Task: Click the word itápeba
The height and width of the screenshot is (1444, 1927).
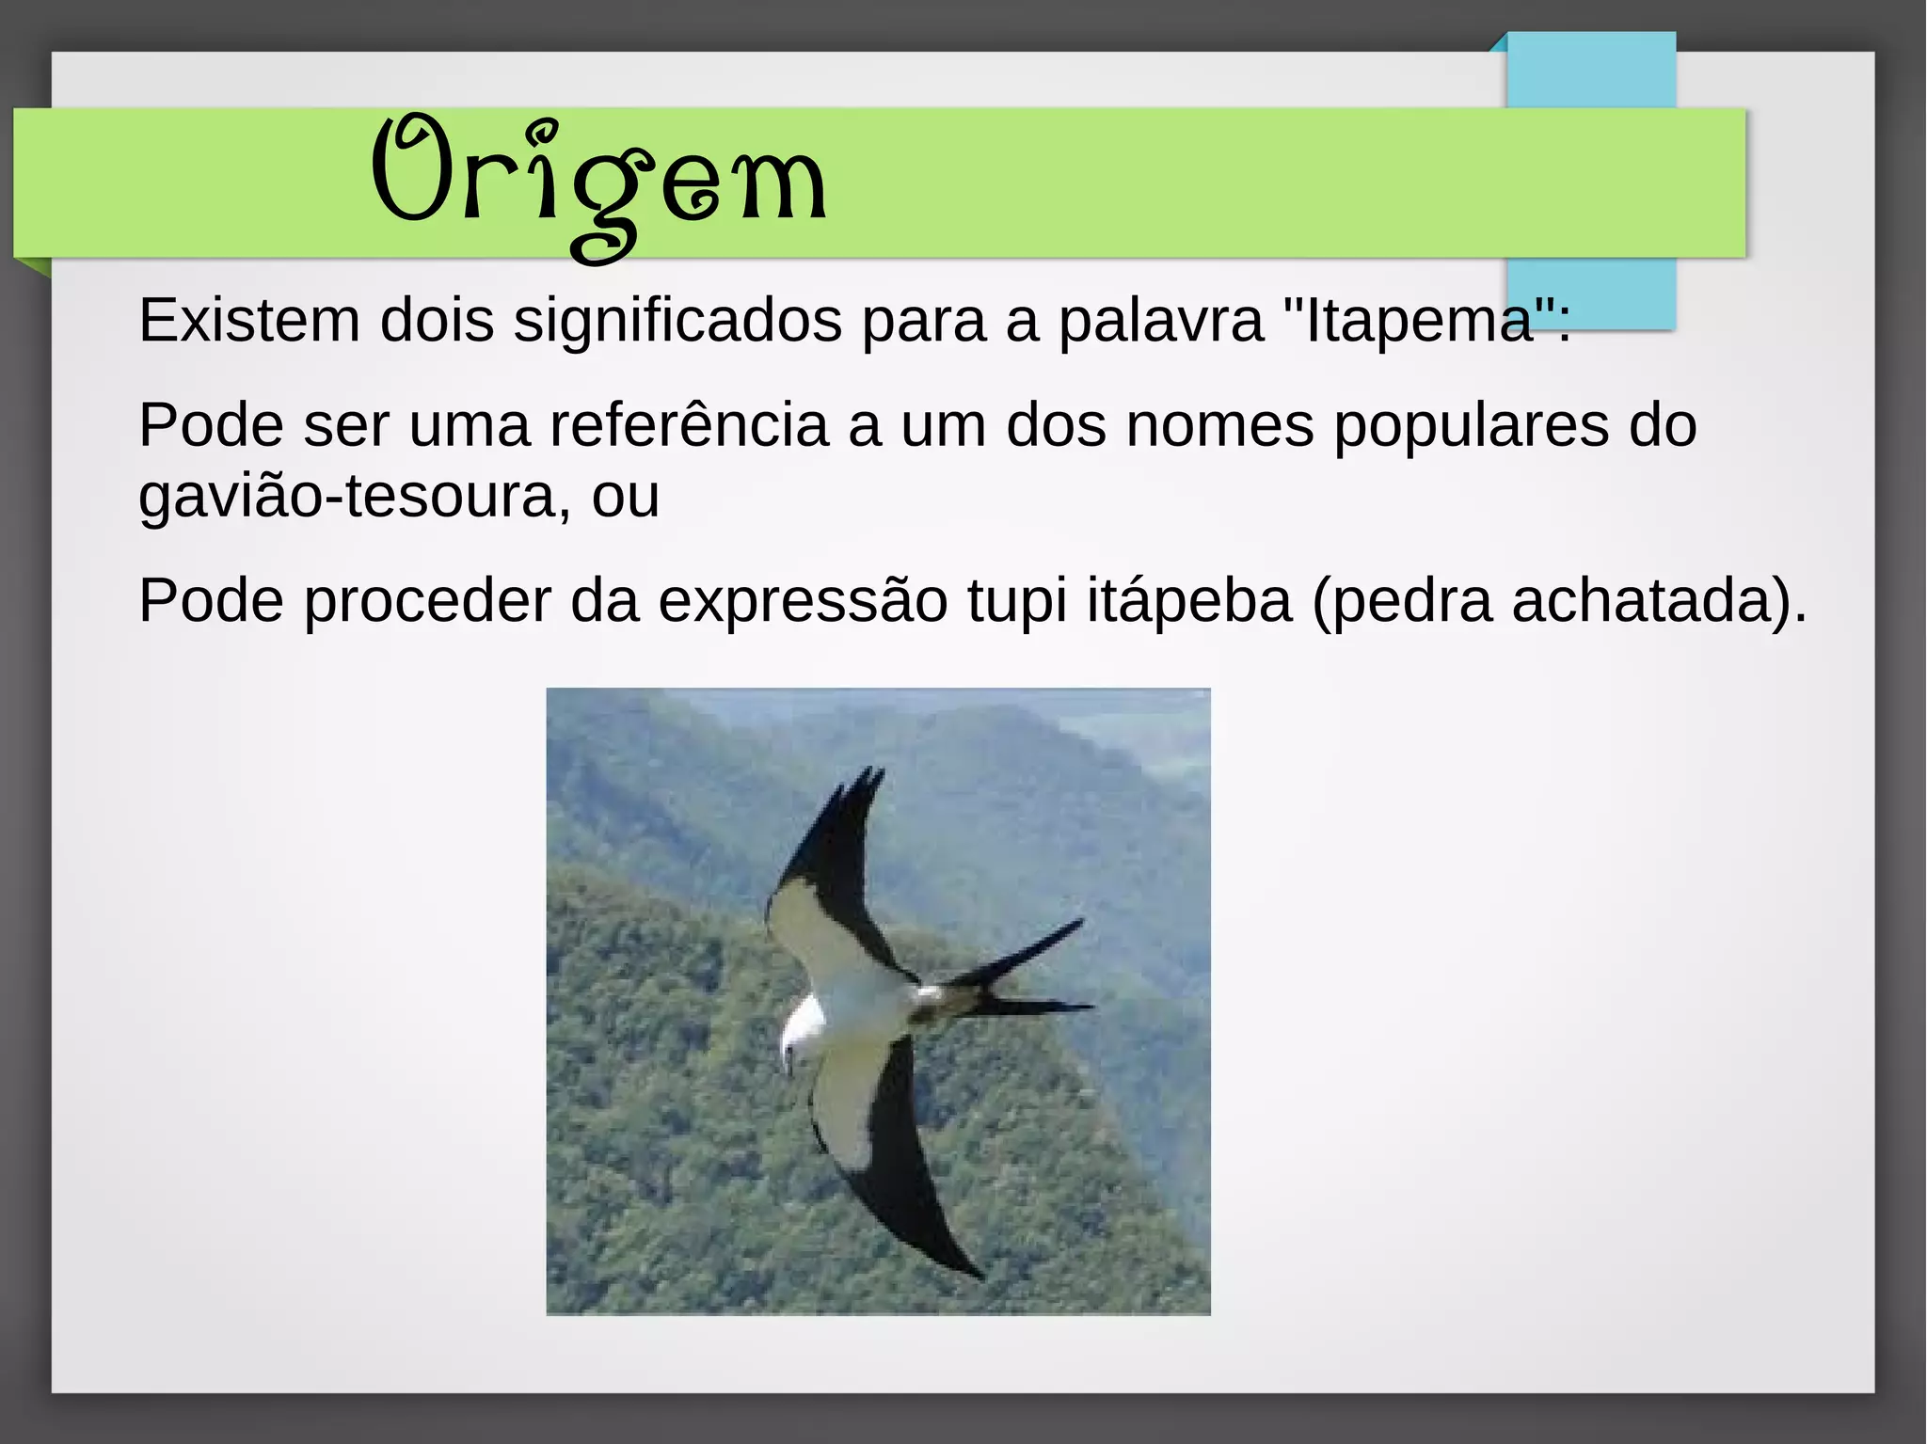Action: [x=1189, y=600]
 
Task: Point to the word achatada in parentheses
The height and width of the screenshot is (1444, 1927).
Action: [x=1642, y=600]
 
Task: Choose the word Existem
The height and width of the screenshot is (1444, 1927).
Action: [x=249, y=320]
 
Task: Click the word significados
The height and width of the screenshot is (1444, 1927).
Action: [x=677, y=320]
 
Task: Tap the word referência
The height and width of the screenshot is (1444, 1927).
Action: [x=689, y=425]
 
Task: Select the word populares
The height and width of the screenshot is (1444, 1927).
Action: [x=1471, y=425]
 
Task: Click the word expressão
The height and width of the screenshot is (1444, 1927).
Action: [x=803, y=600]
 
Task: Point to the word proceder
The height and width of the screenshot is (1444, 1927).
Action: [x=427, y=600]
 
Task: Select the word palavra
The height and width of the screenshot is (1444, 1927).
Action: [x=1161, y=320]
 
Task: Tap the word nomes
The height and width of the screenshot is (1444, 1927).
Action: [x=1219, y=425]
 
